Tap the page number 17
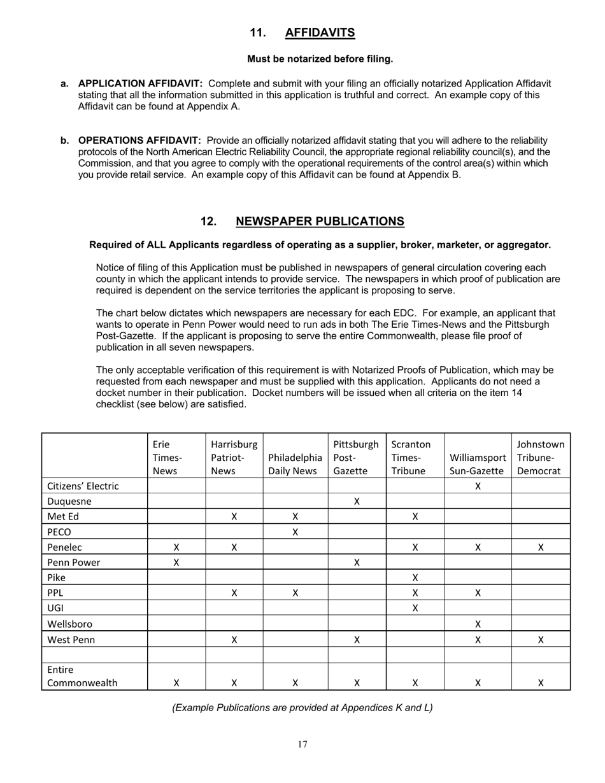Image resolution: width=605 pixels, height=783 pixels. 302,744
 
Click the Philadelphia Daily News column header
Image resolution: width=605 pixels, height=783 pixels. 295,464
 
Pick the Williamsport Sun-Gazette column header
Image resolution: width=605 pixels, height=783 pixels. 478,464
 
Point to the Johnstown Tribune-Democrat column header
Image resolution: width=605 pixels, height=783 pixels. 541,457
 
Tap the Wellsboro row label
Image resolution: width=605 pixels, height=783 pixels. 71,624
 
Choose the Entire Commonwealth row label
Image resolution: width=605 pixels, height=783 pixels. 82,676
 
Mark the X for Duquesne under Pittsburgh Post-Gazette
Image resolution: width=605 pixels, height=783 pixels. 357,501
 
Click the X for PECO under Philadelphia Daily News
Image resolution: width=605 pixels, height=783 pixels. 295,532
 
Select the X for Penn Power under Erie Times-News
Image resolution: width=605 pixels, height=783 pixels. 176,563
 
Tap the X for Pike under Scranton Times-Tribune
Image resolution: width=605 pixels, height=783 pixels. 415,578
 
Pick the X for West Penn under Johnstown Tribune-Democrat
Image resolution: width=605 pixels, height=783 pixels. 541,640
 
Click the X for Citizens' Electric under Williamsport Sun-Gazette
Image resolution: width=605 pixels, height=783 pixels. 478,486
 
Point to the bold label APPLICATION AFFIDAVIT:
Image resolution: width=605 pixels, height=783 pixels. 140,83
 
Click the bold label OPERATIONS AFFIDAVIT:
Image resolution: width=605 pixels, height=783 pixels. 139,141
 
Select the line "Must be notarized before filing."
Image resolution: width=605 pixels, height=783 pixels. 320,59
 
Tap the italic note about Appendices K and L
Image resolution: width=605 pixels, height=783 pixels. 302,707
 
